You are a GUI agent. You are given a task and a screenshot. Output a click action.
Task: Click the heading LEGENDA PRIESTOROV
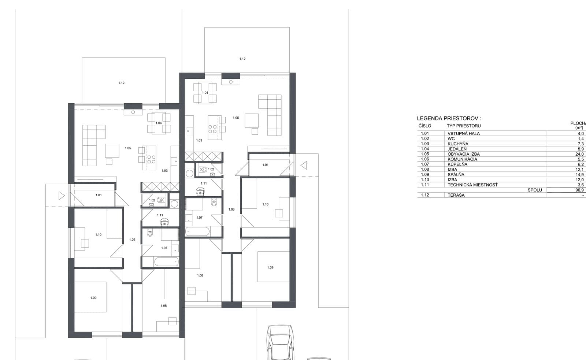[x=449, y=118]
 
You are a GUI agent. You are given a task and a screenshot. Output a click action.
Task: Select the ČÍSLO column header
[x=425, y=126]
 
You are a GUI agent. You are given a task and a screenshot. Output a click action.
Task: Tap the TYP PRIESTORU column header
[x=464, y=126]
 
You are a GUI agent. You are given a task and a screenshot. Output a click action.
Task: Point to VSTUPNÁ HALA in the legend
[x=464, y=133]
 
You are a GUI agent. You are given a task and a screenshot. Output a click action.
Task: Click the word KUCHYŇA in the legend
[x=458, y=144]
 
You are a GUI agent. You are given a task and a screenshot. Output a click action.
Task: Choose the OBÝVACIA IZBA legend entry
[x=464, y=154]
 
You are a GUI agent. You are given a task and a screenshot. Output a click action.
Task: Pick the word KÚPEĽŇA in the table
[x=457, y=164]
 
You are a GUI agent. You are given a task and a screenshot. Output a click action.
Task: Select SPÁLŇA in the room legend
[x=456, y=174]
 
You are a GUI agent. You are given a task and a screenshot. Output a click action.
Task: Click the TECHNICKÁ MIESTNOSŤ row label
[x=472, y=185]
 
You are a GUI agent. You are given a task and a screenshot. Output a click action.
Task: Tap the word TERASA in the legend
[x=456, y=195]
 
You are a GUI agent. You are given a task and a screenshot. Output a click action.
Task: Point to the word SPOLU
[x=535, y=190]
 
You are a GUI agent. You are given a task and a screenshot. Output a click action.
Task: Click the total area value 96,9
[x=579, y=190]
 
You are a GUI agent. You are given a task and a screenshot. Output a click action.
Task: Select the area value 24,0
[x=579, y=154]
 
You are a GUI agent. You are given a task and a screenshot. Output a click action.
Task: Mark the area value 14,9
[x=579, y=174]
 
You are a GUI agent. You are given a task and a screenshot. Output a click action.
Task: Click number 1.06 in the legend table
[x=425, y=159]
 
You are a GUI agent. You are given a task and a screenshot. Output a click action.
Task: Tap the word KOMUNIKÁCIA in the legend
[x=462, y=159]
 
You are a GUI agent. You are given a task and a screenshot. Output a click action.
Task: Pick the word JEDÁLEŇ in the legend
[x=457, y=149]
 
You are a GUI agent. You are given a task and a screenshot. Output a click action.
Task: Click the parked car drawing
[x=281, y=342]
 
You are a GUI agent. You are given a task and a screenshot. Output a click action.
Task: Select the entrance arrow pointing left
[x=304, y=165]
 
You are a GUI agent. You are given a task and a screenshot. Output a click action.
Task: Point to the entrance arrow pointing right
[x=62, y=196]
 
